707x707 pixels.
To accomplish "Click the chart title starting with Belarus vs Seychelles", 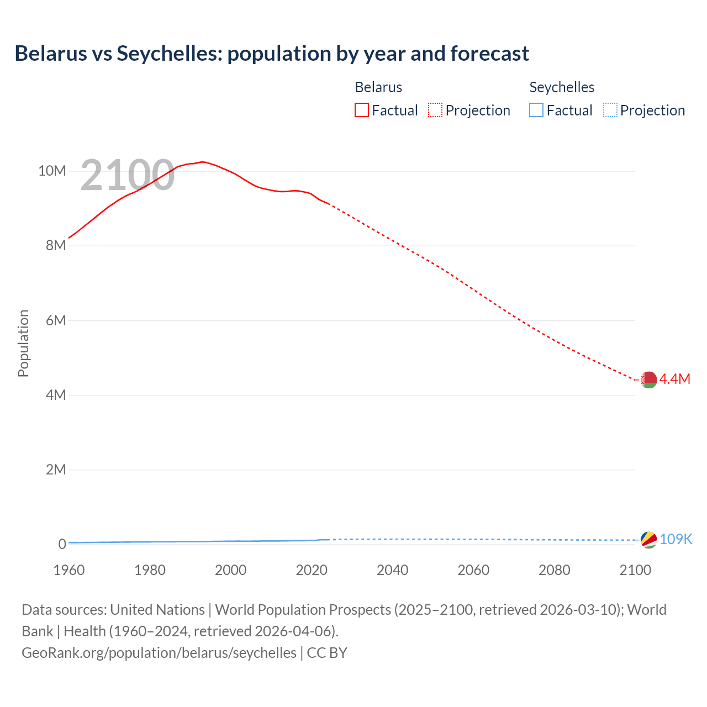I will pyautogui.click(x=272, y=54).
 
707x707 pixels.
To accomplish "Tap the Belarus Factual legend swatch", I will pyautogui.click(x=361, y=110).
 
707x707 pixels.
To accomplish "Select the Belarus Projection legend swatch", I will pyautogui.click(x=435, y=110).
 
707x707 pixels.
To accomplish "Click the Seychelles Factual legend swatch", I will pyautogui.click(x=536, y=110).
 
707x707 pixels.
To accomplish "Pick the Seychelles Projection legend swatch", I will pyautogui.click(x=610, y=110).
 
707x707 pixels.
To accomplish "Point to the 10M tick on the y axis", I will pyautogui.click(x=52, y=171).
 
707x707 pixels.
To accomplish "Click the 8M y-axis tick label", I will pyautogui.click(x=56, y=245).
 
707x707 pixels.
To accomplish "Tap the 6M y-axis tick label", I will pyautogui.click(x=56, y=320).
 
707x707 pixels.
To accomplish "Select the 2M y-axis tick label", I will pyautogui.click(x=56, y=469).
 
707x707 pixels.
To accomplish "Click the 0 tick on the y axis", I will pyautogui.click(x=62, y=544).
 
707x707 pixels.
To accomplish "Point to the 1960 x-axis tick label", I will pyautogui.click(x=69, y=570).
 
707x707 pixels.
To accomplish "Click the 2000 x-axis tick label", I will pyautogui.click(x=231, y=570).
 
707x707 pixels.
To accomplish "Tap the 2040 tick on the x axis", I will pyautogui.click(x=393, y=570).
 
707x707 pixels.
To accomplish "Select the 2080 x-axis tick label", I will pyautogui.click(x=555, y=570).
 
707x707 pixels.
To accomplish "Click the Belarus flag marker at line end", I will pyautogui.click(x=648, y=379).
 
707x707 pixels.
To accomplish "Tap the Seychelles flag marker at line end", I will pyautogui.click(x=648, y=540).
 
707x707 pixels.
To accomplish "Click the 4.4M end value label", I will pyautogui.click(x=675, y=379).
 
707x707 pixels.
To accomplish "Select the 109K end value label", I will pyautogui.click(x=676, y=539).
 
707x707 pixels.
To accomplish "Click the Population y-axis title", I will pyautogui.click(x=23, y=343).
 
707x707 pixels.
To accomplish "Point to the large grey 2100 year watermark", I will pyautogui.click(x=128, y=175).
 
